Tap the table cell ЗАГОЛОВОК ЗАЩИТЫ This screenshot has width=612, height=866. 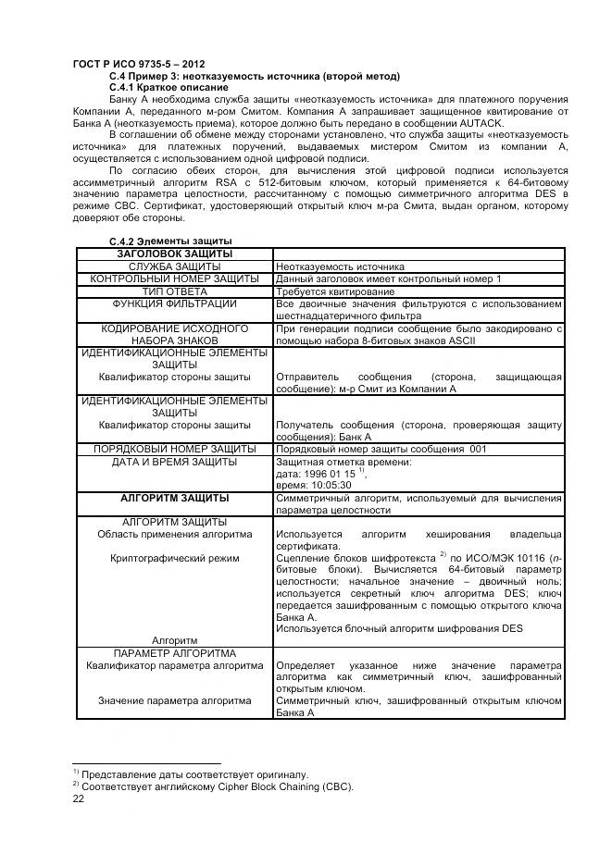tap(174, 254)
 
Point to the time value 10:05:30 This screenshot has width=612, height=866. tap(327, 484)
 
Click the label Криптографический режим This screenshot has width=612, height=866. tap(174, 558)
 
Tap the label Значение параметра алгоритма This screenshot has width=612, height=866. tap(174, 700)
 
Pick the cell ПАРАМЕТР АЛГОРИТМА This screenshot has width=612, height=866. tap(174, 653)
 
